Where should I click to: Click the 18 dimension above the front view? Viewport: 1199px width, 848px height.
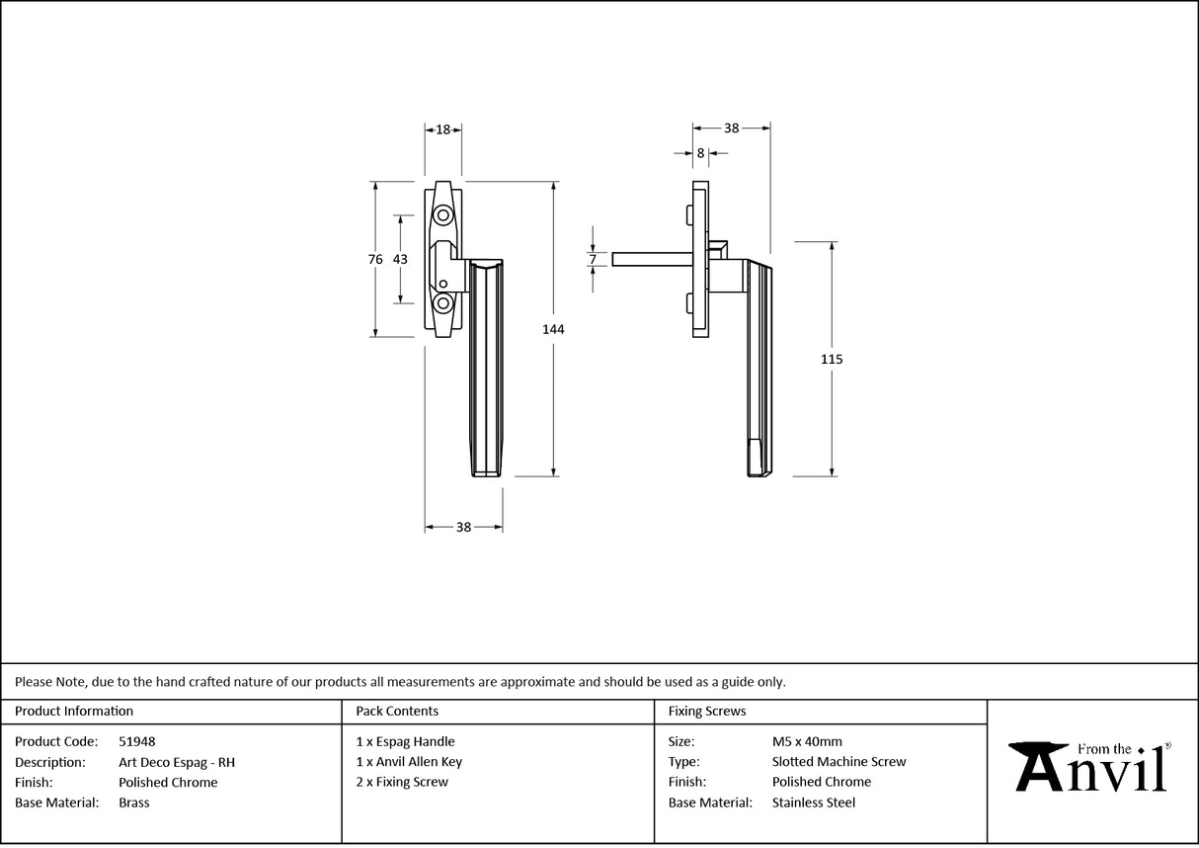click(x=443, y=128)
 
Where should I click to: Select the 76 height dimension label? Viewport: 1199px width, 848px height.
click(x=375, y=259)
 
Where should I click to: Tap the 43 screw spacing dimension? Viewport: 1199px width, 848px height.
click(x=400, y=259)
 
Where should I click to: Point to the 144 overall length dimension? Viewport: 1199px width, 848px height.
click(x=553, y=329)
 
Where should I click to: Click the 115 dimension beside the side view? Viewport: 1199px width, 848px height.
click(x=832, y=359)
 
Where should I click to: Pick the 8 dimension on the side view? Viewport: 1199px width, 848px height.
click(x=700, y=153)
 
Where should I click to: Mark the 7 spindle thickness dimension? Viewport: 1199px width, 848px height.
click(x=593, y=260)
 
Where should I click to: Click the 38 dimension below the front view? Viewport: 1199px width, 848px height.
click(x=463, y=528)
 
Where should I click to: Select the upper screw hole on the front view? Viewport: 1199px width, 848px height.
click(x=443, y=215)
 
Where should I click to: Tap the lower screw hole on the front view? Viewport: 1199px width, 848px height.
click(x=443, y=303)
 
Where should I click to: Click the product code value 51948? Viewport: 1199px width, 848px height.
click(x=136, y=741)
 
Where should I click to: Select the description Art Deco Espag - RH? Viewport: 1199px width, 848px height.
click(x=176, y=762)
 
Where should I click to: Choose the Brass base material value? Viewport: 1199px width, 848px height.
click(x=134, y=803)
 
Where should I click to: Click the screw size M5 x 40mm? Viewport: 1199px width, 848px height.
click(x=807, y=741)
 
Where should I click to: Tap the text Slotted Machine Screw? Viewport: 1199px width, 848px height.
click(x=839, y=762)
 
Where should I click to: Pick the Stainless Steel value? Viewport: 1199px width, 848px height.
click(x=814, y=803)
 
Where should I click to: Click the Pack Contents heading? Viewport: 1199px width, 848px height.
click(x=397, y=711)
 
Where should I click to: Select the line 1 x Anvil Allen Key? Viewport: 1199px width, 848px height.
click(x=409, y=762)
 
